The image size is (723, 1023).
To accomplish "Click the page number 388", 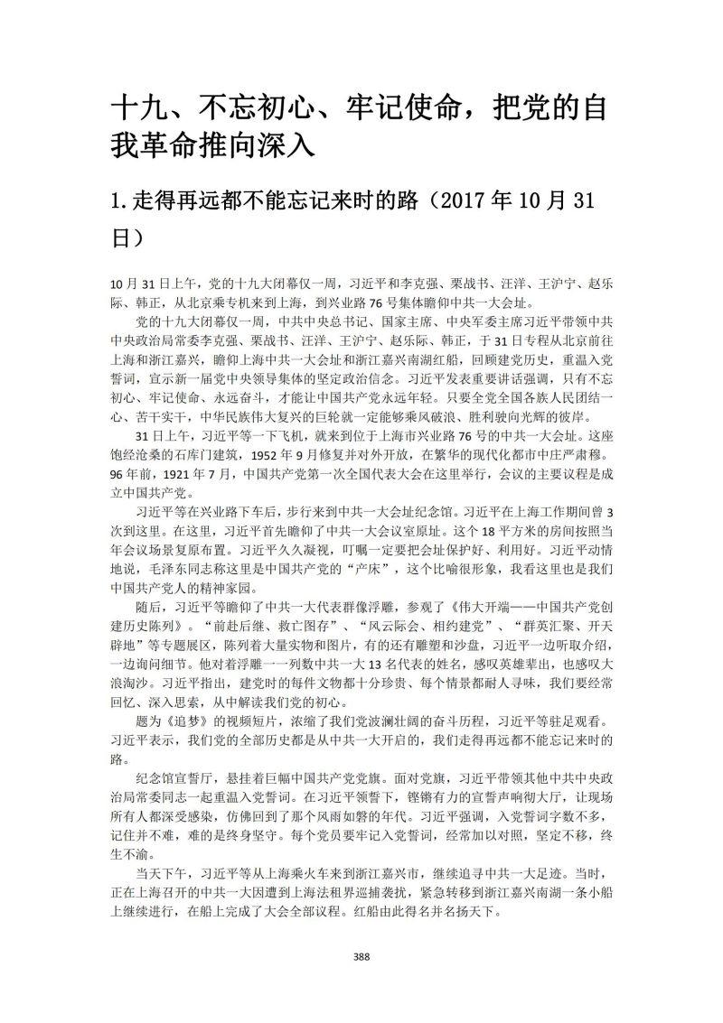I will (x=361, y=957).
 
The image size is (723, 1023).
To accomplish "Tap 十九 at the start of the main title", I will (x=135, y=111).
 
